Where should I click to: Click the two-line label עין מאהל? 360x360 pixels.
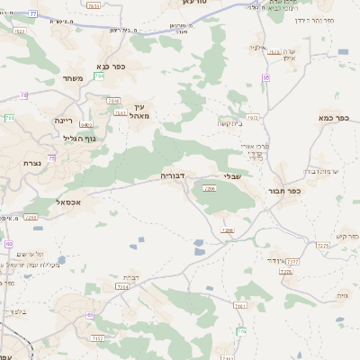click(x=139, y=111)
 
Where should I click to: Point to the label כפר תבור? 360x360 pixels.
click(x=283, y=190)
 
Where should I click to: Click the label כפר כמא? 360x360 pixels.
click(x=333, y=117)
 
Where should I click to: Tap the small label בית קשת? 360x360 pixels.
click(x=229, y=123)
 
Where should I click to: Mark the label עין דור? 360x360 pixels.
click(x=279, y=259)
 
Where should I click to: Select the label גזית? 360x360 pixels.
click(x=340, y=294)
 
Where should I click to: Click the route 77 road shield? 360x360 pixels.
click(x=33, y=14)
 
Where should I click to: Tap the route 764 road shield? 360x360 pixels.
click(x=113, y=101)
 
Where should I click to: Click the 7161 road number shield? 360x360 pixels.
click(x=238, y=306)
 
